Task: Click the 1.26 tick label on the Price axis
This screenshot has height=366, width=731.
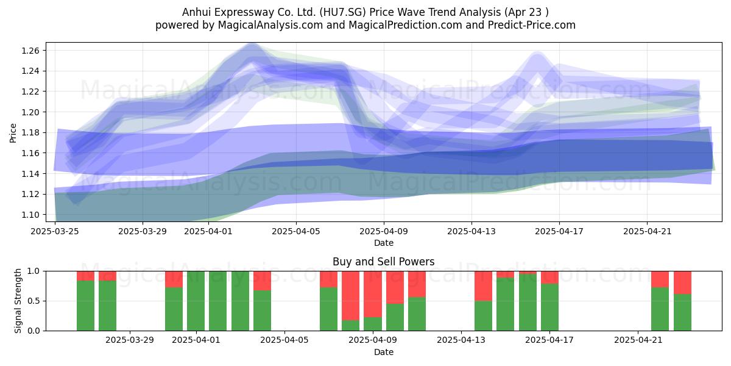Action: (x=30, y=51)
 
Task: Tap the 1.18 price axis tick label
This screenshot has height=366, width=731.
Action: (x=30, y=133)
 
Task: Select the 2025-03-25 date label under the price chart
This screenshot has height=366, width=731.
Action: (x=55, y=231)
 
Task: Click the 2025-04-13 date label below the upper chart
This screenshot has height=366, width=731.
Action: (x=471, y=231)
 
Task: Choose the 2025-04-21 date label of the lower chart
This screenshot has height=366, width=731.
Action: (x=638, y=340)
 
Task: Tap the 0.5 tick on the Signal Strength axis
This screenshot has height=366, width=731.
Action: (x=34, y=301)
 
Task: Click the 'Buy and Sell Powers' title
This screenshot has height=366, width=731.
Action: (x=383, y=262)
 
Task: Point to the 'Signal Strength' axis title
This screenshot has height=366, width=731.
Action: (x=18, y=301)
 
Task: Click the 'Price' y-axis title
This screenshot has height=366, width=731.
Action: (x=13, y=133)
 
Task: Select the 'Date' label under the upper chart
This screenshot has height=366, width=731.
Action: (x=383, y=243)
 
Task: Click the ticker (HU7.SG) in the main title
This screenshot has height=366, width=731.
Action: (x=342, y=12)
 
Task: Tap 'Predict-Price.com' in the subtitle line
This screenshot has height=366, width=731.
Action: (x=532, y=25)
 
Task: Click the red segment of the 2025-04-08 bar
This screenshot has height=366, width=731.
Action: (x=350, y=295)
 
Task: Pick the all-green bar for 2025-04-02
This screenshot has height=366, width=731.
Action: (x=218, y=301)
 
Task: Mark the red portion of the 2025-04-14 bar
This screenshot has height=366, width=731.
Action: (x=483, y=286)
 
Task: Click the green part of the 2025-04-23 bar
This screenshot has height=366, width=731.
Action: (x=682, y=312)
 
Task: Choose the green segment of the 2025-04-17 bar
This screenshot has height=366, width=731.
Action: (x=549, y=307)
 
